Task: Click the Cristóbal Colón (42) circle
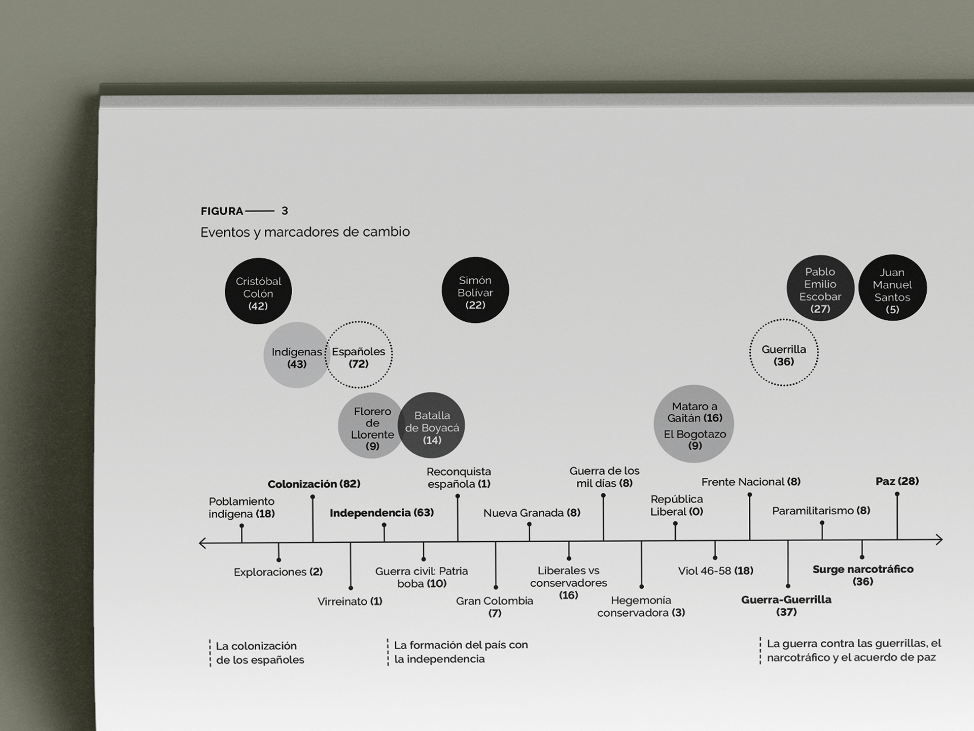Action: point(258,291)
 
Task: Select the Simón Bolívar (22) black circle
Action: point(475,290)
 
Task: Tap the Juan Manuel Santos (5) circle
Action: point(892,288)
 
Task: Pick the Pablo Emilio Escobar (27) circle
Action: point(820,288)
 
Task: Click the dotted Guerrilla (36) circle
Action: point(784,352)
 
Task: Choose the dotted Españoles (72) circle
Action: point(359,355)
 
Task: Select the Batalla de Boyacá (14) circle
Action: point(432,425)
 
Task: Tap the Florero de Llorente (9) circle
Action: point(371,426)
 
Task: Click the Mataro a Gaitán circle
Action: point(694,424)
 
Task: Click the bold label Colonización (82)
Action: point(314,484)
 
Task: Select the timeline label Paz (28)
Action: point(897,481)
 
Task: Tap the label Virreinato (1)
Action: point(350,602)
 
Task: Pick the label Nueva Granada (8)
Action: point(532,513)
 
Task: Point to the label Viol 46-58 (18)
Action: point(715,571)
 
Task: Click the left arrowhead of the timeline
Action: point(202,543)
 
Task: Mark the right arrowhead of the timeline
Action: point(939,539)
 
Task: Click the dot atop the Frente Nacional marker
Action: point(750,494)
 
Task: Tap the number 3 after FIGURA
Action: point(285,211)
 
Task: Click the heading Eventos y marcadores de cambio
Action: point(305,232)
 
